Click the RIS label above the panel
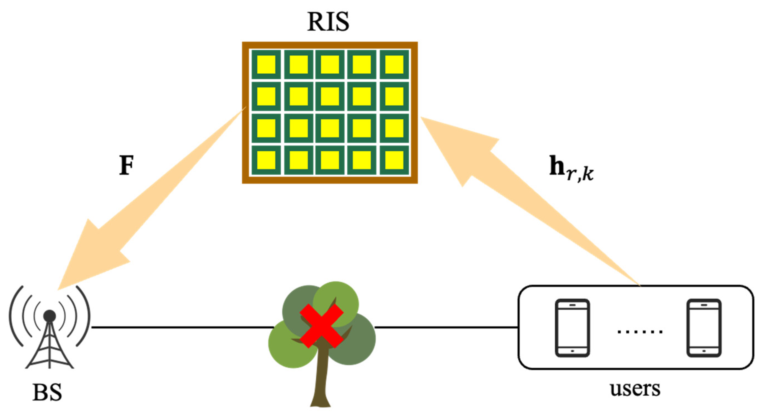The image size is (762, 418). coord(328,22)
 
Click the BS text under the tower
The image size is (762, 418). coord(47,392)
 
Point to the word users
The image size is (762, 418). coord(635,389)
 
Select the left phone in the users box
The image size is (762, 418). coord(572,328)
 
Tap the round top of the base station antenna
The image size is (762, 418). coord(49,316)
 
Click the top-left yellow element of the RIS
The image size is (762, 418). coord(266,64)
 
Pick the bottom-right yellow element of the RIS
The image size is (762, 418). coord(394,160)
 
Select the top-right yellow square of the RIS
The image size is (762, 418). coord(394,64)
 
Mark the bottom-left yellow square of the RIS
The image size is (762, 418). coord(266,160)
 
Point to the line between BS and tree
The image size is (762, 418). coord(182,327)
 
